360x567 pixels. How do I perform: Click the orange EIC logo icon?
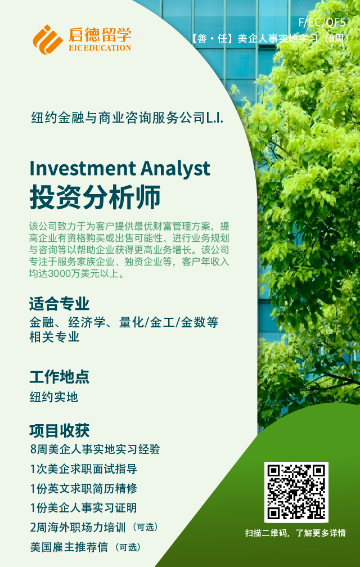(x=48, y=39)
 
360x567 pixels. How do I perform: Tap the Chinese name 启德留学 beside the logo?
(x=99, y=34)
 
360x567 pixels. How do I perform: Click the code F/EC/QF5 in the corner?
(x=322, y=23)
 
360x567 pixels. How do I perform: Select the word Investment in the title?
(x=82, y=168)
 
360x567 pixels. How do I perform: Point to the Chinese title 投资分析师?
(x=95, y=197)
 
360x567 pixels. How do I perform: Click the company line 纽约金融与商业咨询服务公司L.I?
(x=128, y=119)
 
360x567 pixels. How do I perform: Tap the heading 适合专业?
(x=59, y=304)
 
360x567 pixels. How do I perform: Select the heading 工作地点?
(x=59, y=377)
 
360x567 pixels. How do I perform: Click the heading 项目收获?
(x=59, y=431)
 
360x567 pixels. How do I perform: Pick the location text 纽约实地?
(x=54, y=397)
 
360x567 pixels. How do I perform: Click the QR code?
(x=296, y=492)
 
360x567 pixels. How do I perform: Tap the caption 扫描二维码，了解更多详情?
(x=295, y=533)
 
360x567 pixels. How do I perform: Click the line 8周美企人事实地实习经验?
(x=95, y=449)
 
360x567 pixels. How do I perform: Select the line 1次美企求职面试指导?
(x=83, y=469)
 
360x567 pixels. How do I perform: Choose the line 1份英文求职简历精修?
(x=83, y=488)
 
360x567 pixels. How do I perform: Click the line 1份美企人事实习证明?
(x=83, y=508)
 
